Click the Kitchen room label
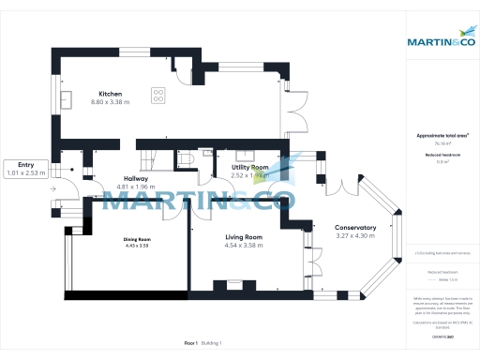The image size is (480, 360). pos(112,92)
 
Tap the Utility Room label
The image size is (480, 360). pos(250,166)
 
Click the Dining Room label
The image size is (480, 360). pos(138,238)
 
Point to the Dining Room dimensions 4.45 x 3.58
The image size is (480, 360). pos(138,246)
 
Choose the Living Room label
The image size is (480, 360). pos(243,237)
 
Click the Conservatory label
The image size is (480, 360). pos(355,228)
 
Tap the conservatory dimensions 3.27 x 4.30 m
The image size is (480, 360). pos(355,236)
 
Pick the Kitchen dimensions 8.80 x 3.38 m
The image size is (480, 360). pos(112,101)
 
